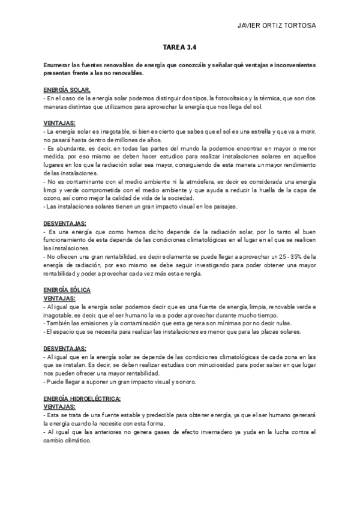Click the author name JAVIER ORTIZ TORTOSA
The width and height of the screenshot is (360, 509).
pos(277,26)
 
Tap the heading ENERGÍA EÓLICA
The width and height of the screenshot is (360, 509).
pos(67,290)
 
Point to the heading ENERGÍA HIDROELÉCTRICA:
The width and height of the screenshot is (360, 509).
pos(82,399)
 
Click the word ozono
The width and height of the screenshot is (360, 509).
pos(53,198)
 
